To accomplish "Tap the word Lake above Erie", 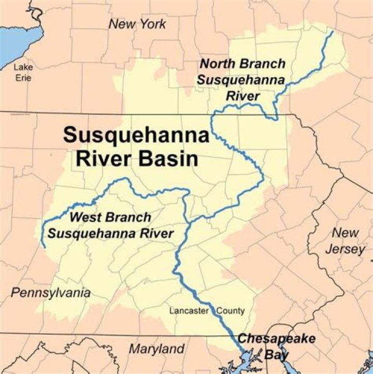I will click(23, 67).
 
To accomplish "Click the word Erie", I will click(23, 78).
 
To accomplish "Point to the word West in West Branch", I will click(86, 218).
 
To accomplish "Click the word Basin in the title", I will click(166, 159).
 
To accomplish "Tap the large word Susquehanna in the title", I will click(136, 136).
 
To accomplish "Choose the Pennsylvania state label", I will click(51, 293).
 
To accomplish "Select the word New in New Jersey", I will click(345, 233).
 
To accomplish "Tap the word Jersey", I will click(345, 249).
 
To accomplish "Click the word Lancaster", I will click(189, 311).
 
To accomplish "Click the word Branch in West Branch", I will click(127, 218).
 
